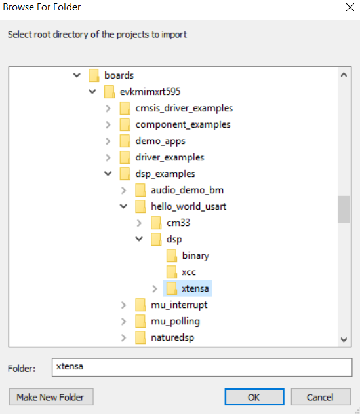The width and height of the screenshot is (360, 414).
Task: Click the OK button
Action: pos(254,397)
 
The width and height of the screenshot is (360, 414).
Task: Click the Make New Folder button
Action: pos(51,397)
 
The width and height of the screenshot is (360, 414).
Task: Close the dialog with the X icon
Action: pos(350,7)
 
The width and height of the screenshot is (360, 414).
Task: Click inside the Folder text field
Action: pos(202,367)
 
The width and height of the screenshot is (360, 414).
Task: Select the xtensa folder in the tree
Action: pos(195,288)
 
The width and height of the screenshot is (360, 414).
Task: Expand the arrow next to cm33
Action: pos(139,223)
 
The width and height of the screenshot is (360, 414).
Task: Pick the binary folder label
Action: pos(195,255)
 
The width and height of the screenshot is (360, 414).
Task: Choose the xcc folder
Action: pos(188,273)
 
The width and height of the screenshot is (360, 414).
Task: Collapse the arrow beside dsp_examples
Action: pos(108,174)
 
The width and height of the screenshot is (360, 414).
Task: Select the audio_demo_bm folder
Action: pos(187,190)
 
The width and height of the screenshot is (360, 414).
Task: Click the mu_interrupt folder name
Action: pos(179,305)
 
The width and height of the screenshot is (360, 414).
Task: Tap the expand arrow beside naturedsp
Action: pos(123,338)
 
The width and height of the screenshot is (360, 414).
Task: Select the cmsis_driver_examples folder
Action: pos(184,108)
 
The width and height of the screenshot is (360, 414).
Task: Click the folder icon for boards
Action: pos(94,75)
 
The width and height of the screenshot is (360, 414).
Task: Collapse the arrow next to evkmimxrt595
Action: pos(92,92)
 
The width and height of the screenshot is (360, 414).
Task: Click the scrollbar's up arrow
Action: pos(344,75)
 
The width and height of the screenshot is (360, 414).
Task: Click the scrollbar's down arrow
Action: pos(344,339)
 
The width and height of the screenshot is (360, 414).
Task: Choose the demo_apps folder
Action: pos(160,141)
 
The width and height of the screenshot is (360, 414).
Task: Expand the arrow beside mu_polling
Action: pos(123,322)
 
